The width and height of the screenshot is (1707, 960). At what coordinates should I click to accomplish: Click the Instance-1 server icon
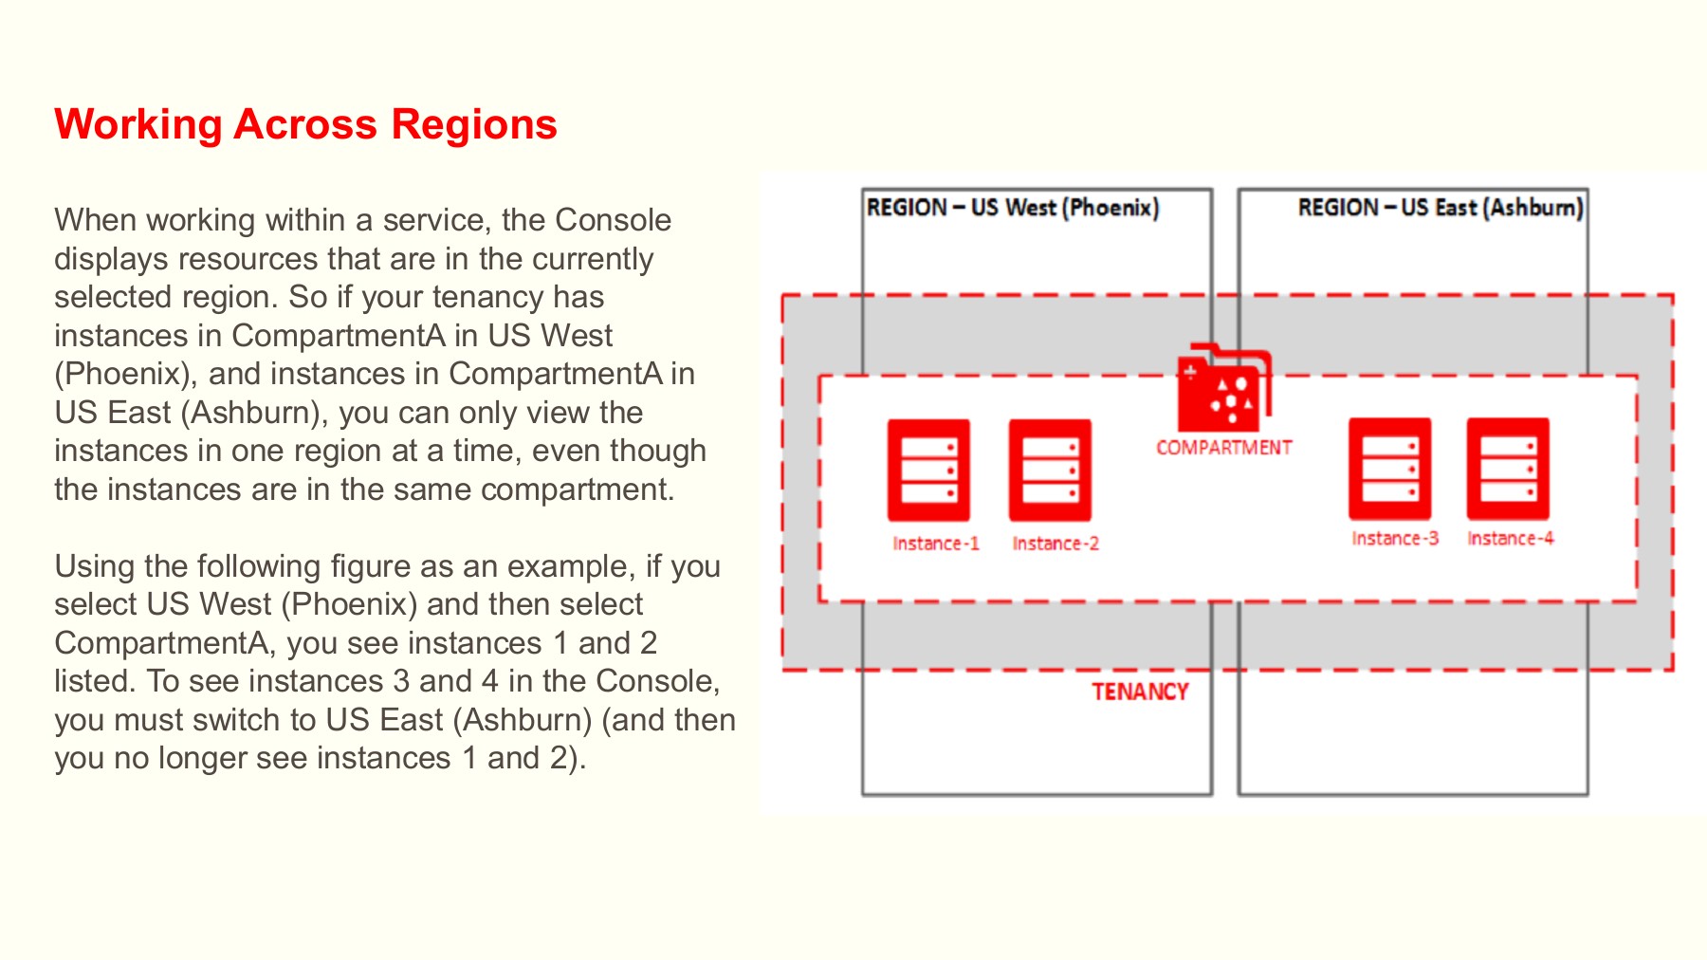928,471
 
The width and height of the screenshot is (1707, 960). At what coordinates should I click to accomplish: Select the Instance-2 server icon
1050,471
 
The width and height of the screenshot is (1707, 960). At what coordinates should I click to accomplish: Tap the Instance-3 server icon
1389,469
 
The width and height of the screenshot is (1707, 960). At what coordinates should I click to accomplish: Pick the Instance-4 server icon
1508,469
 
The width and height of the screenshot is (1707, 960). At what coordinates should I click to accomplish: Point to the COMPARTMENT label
1223,448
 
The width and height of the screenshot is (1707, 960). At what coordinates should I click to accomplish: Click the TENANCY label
1140,692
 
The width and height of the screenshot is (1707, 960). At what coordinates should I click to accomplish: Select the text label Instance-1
935,544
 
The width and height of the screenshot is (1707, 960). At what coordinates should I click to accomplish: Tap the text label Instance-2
1055,544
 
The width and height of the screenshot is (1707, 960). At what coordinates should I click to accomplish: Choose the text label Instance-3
1395,539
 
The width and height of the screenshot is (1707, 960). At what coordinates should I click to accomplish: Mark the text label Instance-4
1511,539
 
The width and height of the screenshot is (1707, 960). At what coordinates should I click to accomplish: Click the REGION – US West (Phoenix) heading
1012,208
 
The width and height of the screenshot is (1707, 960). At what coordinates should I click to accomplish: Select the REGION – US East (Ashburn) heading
1440,208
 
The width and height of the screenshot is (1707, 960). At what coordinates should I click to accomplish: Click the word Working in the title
138,124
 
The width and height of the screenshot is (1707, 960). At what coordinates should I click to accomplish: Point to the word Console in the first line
613,220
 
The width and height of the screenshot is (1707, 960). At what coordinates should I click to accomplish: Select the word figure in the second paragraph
371,566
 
